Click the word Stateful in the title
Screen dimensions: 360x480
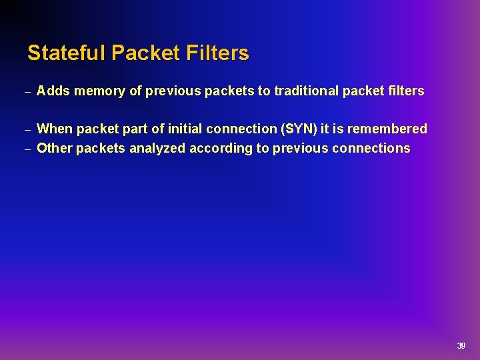click(x=67, y=53)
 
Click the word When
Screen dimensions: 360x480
click(x=55, y=129)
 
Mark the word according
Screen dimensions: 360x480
click(x=220, y=148)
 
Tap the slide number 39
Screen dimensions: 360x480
click(x=461, y=345)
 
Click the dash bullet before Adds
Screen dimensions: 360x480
click(x=27, y=92)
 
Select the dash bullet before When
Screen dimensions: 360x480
click(x=27, y=129)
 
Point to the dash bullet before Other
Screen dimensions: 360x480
click(x=27, y=149)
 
